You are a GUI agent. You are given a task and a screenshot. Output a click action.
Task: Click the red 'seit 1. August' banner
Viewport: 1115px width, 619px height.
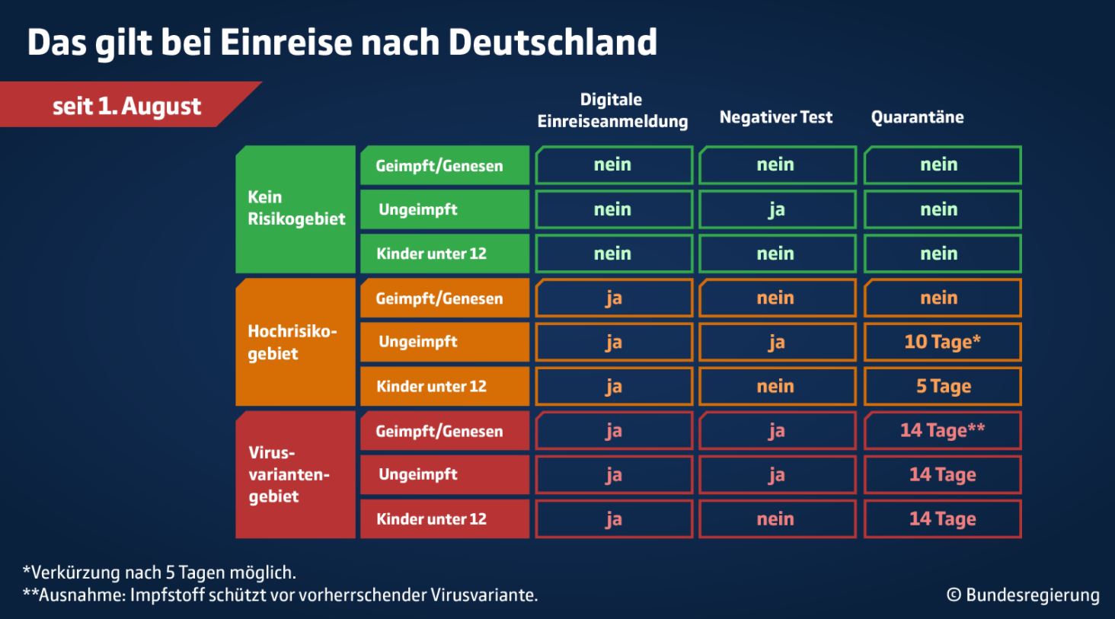pyautogui.click(x=126, y=105)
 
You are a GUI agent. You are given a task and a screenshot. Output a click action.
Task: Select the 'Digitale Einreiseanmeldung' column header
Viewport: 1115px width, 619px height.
pyautogui.click(x=612, y=110)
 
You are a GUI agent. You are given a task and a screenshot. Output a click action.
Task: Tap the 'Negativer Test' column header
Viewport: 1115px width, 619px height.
pyautogui.click(x=775, y=117)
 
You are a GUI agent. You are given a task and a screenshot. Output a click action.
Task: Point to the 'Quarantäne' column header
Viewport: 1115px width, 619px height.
pyautogui.click(x=917, y=117)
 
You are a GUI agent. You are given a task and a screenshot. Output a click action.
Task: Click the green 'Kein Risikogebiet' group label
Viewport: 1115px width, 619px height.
pyautogui.click(x=296, y=209)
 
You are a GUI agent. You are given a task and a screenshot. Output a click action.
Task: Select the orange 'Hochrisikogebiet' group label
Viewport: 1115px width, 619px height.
pyautogui.click(x=296, y=342)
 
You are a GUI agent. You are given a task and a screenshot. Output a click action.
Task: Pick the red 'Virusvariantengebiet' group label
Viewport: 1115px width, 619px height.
pyautogui.click(x=296, y=474)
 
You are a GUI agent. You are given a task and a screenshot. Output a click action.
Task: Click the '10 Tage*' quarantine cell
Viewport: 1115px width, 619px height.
pyautogui.click(x=942, y=342)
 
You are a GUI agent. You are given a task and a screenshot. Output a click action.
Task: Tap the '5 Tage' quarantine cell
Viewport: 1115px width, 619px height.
pyautogui.click(x=942, y=386)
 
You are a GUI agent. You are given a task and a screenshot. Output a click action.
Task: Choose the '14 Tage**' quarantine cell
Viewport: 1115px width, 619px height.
pyautogui.click(x=942, y=430)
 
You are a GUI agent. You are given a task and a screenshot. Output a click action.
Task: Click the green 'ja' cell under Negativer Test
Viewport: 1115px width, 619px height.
pyautogui.click(x=776, y=209)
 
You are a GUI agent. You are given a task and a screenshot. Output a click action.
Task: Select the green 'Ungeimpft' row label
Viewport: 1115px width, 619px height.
pyautogui.click(x=444, y=209)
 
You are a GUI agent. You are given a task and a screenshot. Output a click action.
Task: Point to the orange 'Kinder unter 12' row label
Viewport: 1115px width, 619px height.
pyautogui.click(x=444, y=386)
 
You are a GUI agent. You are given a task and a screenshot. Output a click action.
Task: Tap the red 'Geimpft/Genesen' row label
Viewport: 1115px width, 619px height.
pyautogui.click(x=444, y=431)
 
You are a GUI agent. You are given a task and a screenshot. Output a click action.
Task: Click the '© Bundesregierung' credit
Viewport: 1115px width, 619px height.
pyautogui.click(x=1023, y=595)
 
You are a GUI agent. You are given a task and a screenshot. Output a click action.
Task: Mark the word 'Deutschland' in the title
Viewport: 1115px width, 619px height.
pyautogui.click(x=552, y=43)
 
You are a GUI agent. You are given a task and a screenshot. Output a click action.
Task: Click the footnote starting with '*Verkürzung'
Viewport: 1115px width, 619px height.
pyautogui.click(x=159, y=573)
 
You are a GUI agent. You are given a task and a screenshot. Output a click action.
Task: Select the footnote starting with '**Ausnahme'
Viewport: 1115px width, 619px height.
pyautogui.click(x=280, y=595)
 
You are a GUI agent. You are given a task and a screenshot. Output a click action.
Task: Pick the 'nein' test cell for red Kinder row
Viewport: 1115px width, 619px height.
pyautogui.click(x=776, y=518)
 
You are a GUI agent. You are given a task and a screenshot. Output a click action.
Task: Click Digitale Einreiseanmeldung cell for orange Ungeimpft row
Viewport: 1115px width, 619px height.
pyautogui.click(x=613, y=342)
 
